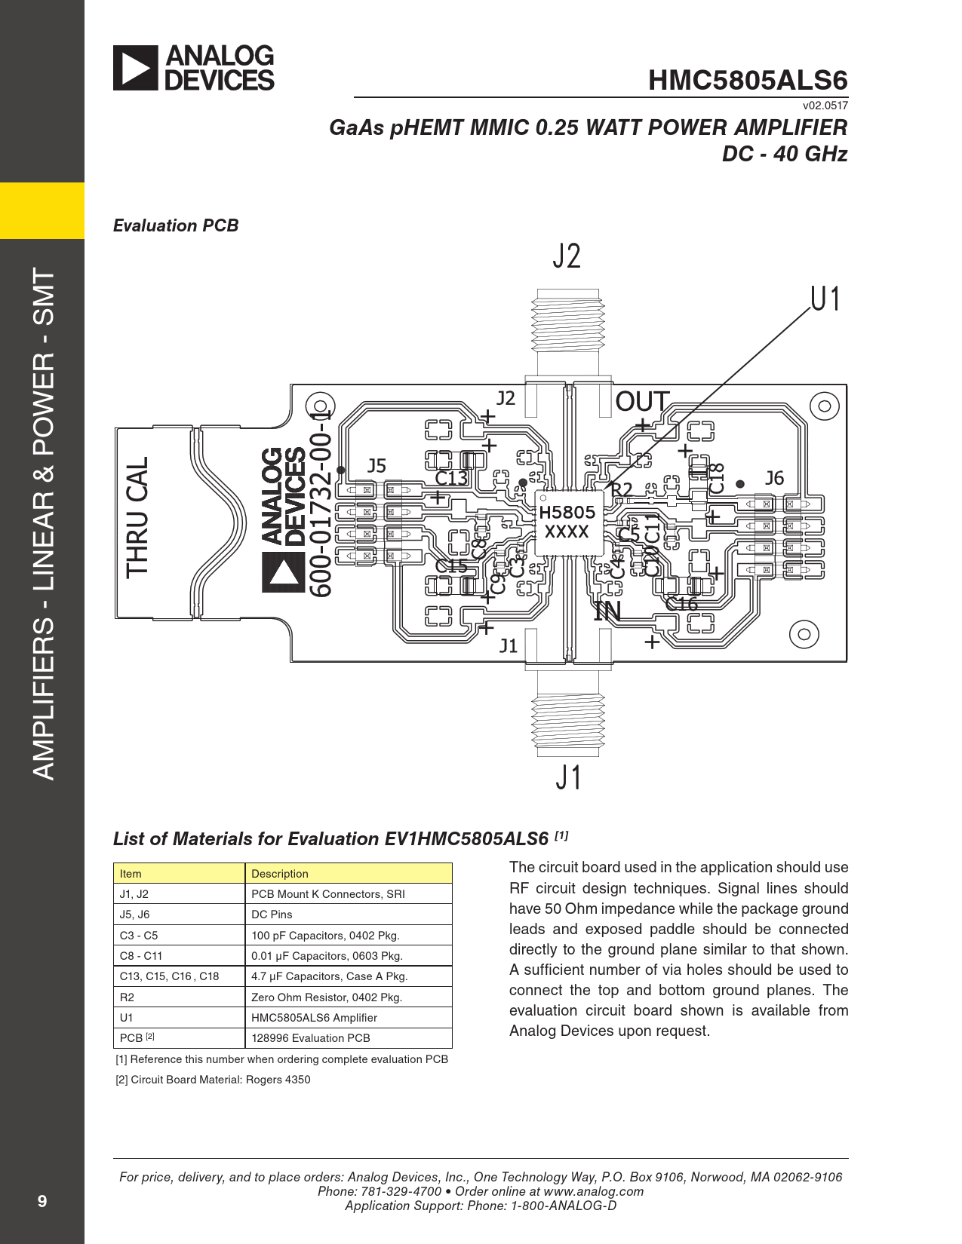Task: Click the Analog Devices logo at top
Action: [x=194, y=68]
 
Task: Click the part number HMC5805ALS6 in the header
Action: [x=747, y=81]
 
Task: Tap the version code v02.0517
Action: [x=825, y=106]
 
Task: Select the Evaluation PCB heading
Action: [x=176, y=225]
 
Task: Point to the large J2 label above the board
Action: [x=567, y=256]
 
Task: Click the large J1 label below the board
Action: [x=569, y=777]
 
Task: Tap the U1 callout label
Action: [x=825, y=299]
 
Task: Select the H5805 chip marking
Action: [x=567, y=513]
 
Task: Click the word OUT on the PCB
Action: [x=642, y=402]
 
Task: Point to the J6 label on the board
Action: [x=774, y=478]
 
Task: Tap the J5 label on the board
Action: [x=377, y=466]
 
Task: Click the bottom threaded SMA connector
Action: [x=568, y=724]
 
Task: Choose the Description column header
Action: [x=280, y=873]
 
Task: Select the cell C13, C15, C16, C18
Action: [x=169, y=976]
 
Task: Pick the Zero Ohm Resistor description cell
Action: [x=327, y=997]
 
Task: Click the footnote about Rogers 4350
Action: [x=213, y=1080]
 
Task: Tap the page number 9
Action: [x=42, y=1201]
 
